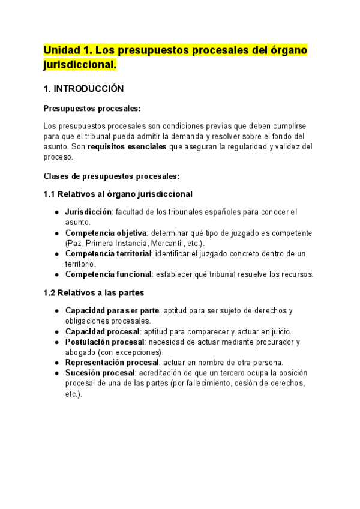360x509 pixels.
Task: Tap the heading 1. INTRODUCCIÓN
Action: click(83, 89)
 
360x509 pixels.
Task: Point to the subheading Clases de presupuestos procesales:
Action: click(112, 176)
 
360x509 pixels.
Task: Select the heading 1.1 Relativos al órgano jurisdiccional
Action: click(118, 194)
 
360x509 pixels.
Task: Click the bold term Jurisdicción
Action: click(88, 212)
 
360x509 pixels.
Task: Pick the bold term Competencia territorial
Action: click(108, 254)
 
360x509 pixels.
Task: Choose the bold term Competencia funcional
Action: click(108, 274)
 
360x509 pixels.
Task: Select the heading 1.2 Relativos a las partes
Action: click(94, 292)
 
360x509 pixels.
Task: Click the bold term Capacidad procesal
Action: click(102, 331)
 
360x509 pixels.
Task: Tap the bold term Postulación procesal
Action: click(104, 342)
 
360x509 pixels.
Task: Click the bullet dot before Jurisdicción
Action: click(56, 212)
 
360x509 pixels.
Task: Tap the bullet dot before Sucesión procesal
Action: click(56, 373)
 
